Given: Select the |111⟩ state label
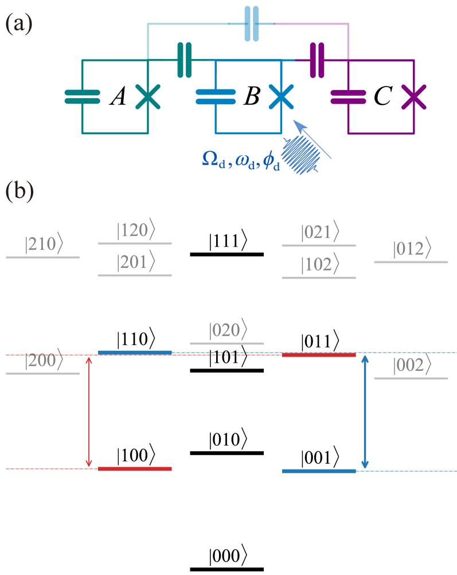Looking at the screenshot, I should pos(228,242).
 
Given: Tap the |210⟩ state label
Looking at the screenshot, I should pos(43,245).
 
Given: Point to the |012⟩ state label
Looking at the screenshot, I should pos(411,249).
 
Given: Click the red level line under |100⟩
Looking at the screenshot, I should pos(135,468).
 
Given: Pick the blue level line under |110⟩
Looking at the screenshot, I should pos(135,352).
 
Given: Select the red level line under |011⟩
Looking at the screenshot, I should pos(319,355).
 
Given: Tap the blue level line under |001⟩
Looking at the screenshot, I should pos(319,471).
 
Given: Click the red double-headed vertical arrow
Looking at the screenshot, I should pos(89,412).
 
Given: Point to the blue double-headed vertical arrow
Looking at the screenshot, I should pos(366,412).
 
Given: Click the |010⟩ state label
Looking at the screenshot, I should pos(228,441).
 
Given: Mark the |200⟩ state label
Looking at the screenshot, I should pos(43,361).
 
